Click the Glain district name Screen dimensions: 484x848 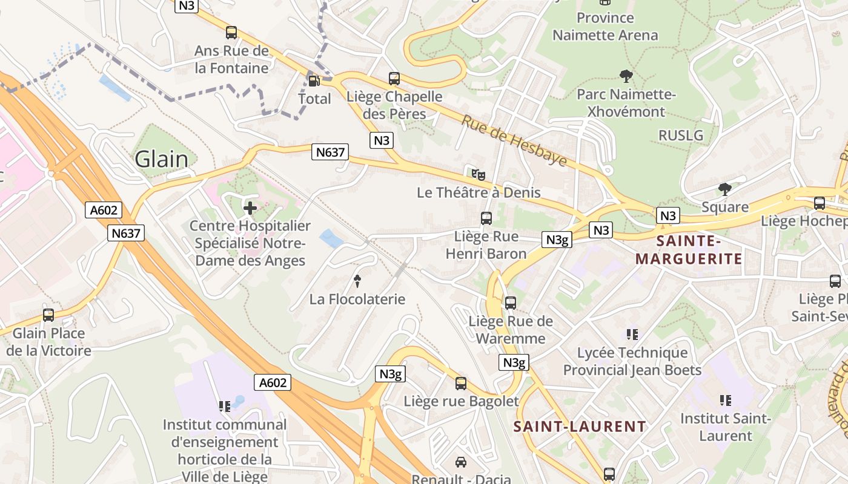click(161, 159)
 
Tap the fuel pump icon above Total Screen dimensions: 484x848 click(314, 80)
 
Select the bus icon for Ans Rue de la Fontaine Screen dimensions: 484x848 click(231, 33)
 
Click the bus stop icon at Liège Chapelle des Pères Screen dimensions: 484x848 click(394, 78)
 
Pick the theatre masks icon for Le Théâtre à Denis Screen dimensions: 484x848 click(479, 175)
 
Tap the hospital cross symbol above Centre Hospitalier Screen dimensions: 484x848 click(250, 208)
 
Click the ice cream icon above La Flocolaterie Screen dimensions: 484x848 click(357, 281)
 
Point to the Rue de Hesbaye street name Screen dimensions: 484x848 click(514, 140)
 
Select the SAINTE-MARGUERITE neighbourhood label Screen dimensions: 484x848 click(688, 250)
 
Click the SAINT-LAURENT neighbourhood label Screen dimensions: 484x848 click(580, 427)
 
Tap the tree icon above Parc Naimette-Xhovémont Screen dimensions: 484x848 click(626, 76)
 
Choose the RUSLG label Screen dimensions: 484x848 click(681, 135)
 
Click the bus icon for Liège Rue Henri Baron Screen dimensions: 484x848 click(486, 218)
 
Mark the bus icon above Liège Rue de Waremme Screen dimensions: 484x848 click(511, 302)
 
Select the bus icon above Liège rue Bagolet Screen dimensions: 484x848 click(461, 383)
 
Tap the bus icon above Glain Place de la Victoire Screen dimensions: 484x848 click(48, 315)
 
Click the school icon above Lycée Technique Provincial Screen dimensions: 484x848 click(632, 335)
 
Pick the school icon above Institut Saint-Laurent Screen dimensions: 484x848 click(725, 400)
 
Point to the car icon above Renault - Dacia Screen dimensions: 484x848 click(461, 462)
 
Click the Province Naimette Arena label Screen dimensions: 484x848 click(605, 27)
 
